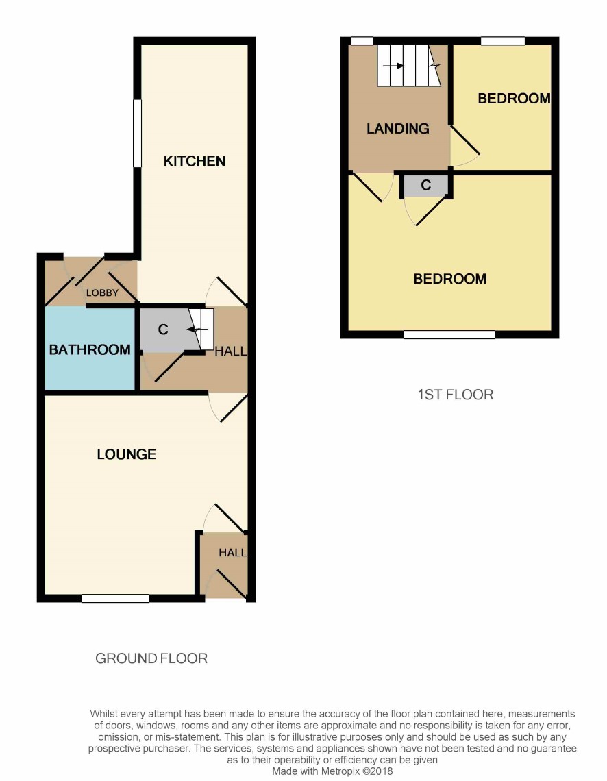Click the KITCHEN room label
(x=194, y=161)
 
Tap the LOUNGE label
(x=127, y=454)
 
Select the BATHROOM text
(x=90, y=349)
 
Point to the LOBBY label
(x=102, y=293)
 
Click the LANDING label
(x=398, y=129)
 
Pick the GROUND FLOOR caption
(x=151, y=658)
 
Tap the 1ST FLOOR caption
(x=455, y=395)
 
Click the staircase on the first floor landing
(x=408, y=66)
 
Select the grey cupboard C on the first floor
(x=425, y=185)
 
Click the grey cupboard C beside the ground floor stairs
(x=169, y=330)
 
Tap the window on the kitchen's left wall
(x=138, y=134)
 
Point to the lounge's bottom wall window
(x=116, y=598)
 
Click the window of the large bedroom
(x=449, y=334)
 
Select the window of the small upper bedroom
(x=502, y=41)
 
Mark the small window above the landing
(x=362, y=41)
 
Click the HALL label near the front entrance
(x=232, y=553)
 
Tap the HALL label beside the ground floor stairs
(x=231, y=351)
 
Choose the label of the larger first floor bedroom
(x=449, y=278)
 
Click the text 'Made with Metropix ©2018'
(x=332, y=771)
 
